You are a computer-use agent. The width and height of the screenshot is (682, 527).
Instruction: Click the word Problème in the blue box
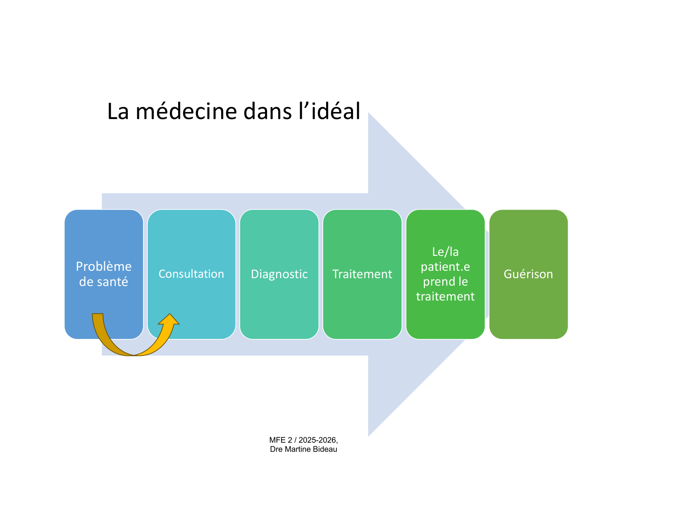104,267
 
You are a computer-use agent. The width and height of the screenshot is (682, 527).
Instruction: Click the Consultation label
191,274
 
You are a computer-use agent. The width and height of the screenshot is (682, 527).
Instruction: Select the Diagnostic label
279,274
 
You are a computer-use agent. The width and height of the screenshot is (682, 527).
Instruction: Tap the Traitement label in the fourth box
362,274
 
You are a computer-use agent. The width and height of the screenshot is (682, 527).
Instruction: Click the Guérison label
528,274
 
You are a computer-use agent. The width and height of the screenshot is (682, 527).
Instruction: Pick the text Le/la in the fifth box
445,252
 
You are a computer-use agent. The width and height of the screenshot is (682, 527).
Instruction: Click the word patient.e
445,267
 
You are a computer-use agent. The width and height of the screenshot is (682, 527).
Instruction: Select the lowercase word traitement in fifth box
445,297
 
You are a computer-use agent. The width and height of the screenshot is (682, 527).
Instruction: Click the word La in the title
118,112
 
